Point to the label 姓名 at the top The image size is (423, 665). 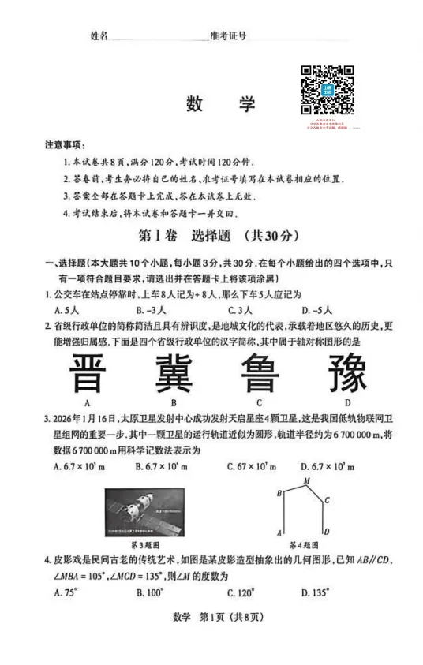click(x=99, y=36)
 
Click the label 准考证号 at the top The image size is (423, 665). click(x=229, y=36)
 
